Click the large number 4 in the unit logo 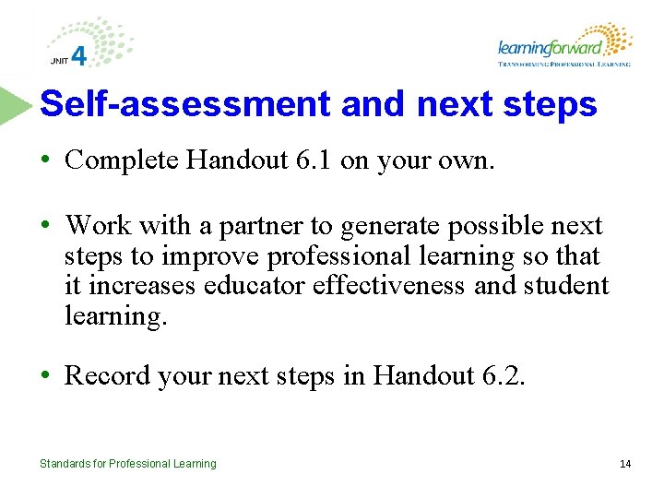coord(79,56)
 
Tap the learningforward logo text coord(550,47)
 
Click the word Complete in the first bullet coord(122,160)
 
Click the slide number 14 coord(625,464)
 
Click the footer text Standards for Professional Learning coord(127,464)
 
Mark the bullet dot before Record coord(45,376)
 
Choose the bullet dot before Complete coord(45,161)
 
